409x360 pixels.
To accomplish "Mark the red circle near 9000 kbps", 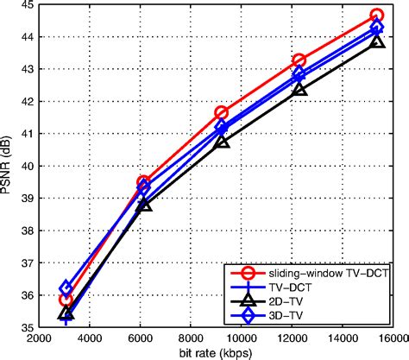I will tap(222, 112).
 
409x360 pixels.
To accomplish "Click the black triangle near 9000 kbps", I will tap(222, 141).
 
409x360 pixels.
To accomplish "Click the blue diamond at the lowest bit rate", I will tap(66, 288).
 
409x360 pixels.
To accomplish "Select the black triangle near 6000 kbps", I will tap(144, 205).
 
